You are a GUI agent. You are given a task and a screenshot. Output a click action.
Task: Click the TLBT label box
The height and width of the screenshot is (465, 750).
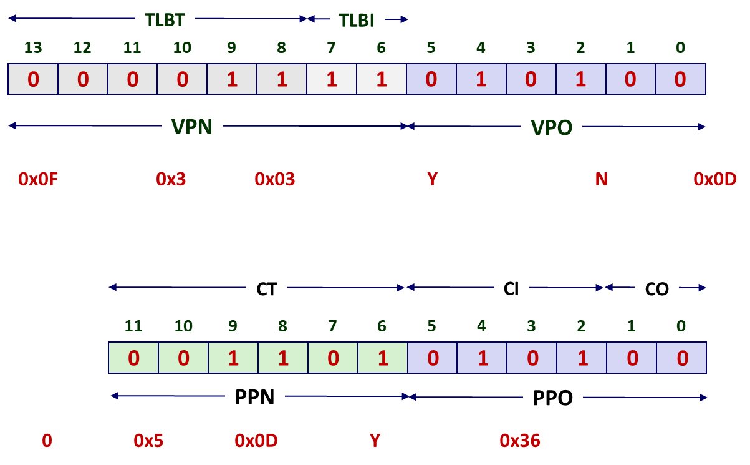pos(165,21)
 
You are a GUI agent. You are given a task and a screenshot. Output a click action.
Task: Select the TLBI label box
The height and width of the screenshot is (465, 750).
pos(357,21)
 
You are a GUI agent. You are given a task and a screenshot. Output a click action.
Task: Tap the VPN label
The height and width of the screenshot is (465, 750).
pos(192,127)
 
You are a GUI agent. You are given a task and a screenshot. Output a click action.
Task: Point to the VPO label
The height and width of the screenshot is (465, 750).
pos(551,127)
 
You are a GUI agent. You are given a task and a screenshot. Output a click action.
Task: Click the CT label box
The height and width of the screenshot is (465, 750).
pos(266,290)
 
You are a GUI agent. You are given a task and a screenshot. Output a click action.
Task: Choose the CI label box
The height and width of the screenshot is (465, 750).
pos(511,290)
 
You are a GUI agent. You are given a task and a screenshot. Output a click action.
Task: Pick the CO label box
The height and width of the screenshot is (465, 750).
pos(656,290)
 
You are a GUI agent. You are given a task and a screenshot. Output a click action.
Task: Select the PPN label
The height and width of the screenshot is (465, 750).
pos(255,398)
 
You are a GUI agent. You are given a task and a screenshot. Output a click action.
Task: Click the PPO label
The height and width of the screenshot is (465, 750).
pos(553,398)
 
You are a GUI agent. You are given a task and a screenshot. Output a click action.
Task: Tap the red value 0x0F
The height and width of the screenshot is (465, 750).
pos(38,180)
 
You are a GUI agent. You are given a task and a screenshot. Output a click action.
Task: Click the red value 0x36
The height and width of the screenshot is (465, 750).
pos(520,441)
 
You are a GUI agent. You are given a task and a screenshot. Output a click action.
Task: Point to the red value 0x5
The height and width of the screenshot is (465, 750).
pos(148,441)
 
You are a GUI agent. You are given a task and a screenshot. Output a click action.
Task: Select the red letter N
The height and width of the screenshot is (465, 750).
pos(601,180)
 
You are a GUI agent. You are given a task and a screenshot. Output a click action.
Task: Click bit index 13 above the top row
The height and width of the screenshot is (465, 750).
pos(32,48)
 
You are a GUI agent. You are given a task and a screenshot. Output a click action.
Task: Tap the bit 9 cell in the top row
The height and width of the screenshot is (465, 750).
pos(232,79)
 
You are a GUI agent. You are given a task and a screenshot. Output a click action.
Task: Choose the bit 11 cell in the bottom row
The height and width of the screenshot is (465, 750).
pos(133,358)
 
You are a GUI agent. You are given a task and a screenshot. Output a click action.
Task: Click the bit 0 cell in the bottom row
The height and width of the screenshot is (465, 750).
pos(681,358)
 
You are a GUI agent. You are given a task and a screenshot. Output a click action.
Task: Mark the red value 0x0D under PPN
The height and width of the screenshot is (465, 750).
pos(256,441)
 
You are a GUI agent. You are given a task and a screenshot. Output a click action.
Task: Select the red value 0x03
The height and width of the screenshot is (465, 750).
pos(274,180)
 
